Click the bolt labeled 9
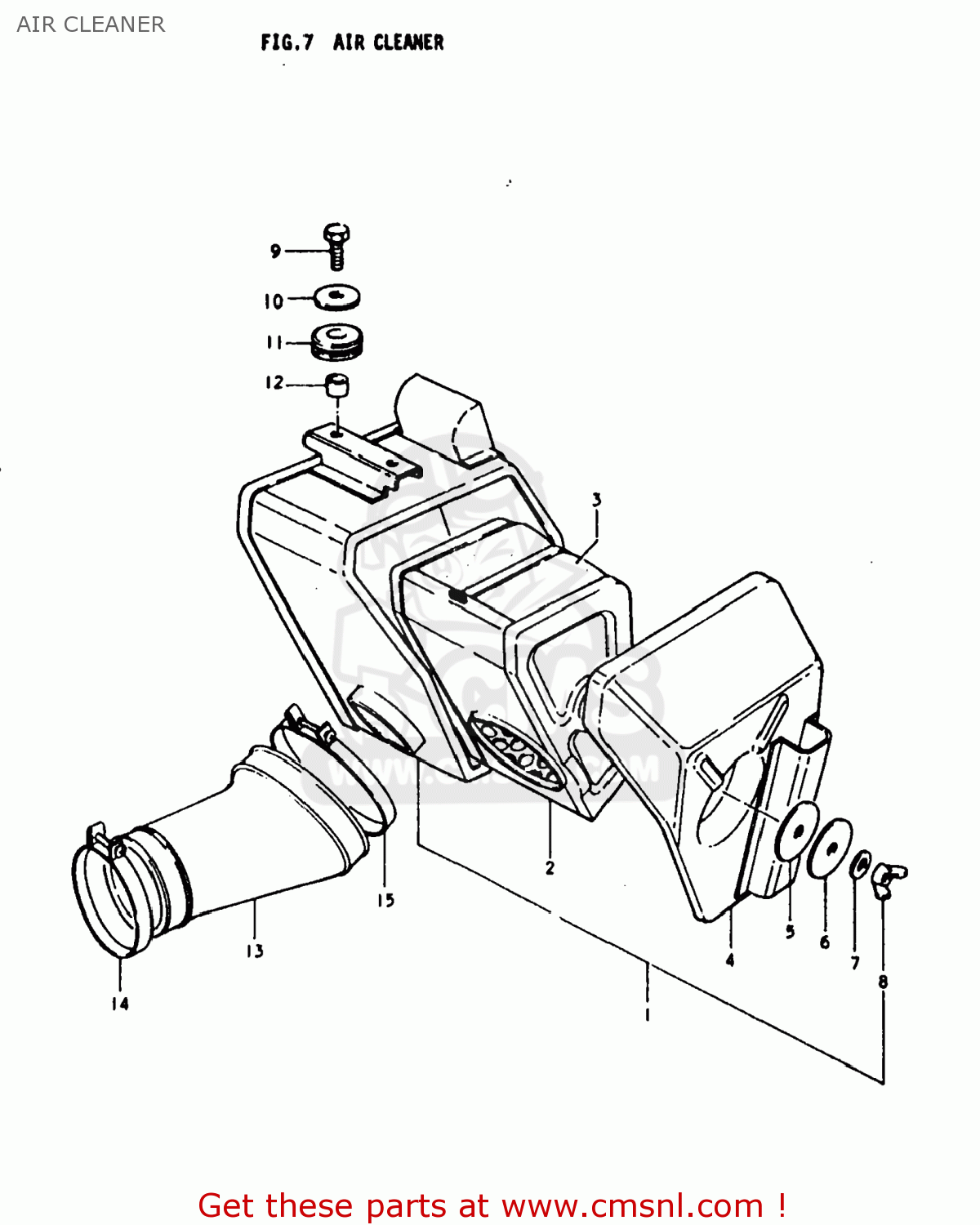coord(336,244)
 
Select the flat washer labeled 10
coord(337,297)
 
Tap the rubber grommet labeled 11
coord(337,343)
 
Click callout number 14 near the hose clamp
coord(120,1004)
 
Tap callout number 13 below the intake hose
coord(255,951)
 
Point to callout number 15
coord(385,900)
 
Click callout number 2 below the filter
coord(550,867)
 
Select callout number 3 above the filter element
coord(597,500)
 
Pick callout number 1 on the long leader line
coord(647,1015)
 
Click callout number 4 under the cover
coord(729,960)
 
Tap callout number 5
coord(790,932)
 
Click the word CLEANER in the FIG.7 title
coord(408,42)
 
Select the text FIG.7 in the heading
coord(287,42)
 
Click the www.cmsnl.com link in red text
coord(632,1205)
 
